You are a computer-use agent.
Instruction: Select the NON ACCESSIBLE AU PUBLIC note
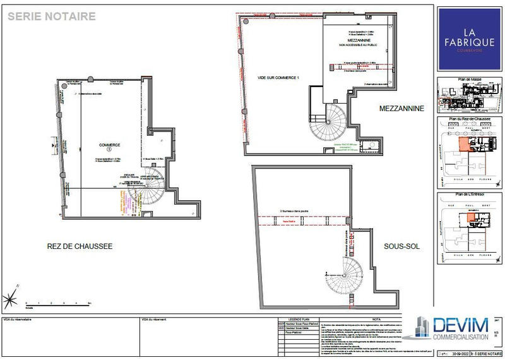pyautogui.click(x=358, y=44)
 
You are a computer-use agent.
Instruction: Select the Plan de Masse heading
pyautogui.click(x=468, y=80)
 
